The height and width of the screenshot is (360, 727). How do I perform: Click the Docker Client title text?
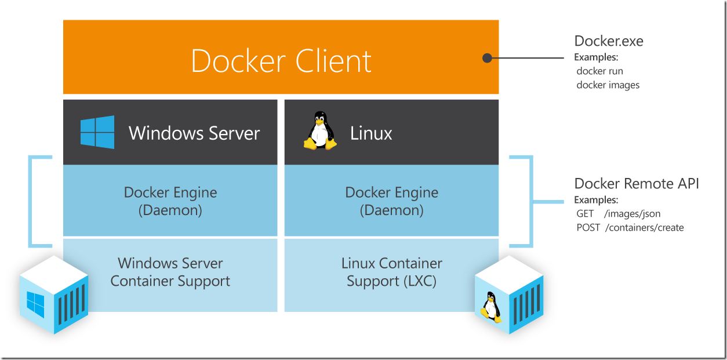click(x=281, y=61)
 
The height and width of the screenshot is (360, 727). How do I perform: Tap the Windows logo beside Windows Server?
click(x=97, y=132)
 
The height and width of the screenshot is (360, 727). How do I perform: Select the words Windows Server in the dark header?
click(x=194, y=133)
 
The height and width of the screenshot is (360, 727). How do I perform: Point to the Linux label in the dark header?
click(x=371, y=133)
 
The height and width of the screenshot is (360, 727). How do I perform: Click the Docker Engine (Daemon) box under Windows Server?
click(x=170, y=201)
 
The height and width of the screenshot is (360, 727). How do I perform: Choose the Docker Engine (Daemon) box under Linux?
click(x=392, y=201)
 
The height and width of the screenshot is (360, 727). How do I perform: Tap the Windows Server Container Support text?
click(x=170, y=272)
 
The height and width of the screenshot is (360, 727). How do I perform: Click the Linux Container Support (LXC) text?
click(x=392, y=272)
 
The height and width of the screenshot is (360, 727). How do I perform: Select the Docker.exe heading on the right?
click(x=609, y=41)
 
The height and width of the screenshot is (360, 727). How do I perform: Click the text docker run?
click(x=600, y=71)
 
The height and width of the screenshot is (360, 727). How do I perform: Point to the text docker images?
click(x=608, y=85)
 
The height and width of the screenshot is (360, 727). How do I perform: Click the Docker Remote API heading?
click(x=637, y=184)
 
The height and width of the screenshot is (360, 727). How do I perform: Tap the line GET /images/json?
click(x=619, y=214)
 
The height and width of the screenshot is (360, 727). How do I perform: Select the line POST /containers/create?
click(x=630, y=228)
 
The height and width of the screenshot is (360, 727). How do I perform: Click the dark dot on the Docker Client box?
click(x=488, y=57)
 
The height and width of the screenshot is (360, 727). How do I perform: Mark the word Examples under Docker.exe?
click(x=596, y=58)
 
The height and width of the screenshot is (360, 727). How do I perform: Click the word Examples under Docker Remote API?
click(x=596, y=200)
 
